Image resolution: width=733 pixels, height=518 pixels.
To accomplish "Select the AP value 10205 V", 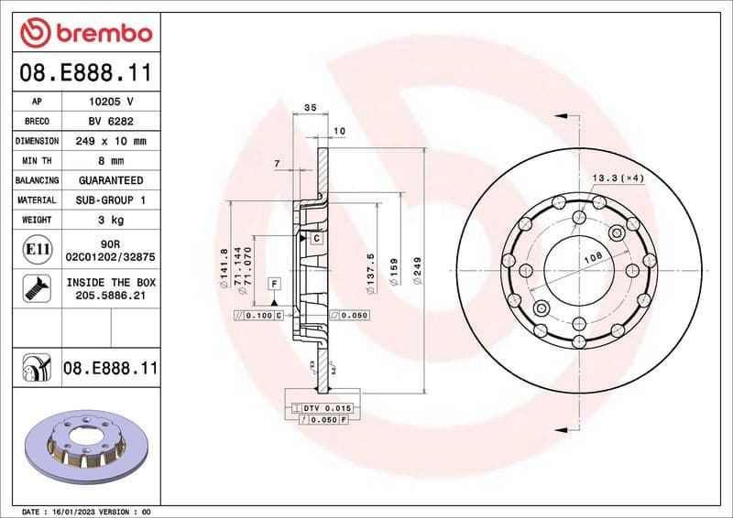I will (x=111, y=102).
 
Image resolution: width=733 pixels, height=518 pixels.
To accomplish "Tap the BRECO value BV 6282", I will (x=111, y=122).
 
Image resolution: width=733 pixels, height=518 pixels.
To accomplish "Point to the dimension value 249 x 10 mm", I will (x=111, y=141).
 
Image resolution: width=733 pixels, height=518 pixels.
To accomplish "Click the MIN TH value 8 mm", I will (x=111, y=161).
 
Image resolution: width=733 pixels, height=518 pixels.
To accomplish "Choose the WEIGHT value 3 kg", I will (x=111, y=220).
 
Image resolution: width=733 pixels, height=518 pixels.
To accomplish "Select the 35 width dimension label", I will (x=310, y=108).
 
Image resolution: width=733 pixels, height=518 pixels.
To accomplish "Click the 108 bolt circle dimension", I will (x=595, y=260).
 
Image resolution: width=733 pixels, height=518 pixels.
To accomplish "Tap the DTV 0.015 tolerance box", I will (x=326, y=406).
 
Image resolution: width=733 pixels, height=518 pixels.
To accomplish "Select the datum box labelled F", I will (x=273, y=284).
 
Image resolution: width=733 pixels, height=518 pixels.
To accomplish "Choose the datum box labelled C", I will (x=315, y=238).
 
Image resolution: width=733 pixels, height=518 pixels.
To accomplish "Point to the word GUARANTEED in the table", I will (x=111, y=180).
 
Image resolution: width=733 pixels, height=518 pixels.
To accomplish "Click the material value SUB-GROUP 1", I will (x=111, y=200).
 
